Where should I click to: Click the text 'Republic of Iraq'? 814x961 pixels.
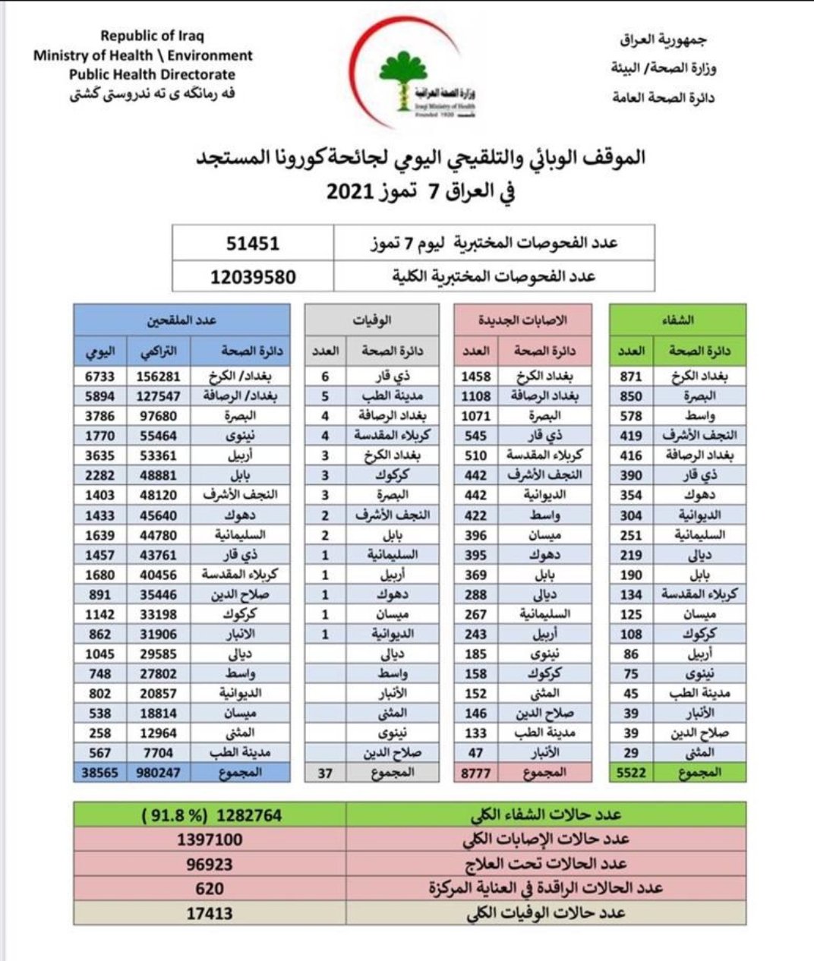152,36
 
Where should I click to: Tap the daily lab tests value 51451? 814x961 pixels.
253,244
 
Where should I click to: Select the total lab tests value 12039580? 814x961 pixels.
253,277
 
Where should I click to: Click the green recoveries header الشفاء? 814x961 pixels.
677,320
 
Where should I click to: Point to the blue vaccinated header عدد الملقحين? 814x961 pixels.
181,320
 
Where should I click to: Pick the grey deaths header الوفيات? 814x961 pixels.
371,320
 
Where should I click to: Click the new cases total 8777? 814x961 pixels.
476,773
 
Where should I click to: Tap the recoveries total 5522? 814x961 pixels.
631,773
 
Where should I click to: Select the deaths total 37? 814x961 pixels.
326,773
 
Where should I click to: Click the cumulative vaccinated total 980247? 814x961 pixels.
159,773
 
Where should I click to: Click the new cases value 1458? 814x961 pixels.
476,377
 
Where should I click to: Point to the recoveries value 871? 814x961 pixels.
631,377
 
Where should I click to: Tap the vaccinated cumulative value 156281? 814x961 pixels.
159,377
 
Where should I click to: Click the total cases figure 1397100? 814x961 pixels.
210,840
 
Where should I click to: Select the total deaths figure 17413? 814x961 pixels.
210,913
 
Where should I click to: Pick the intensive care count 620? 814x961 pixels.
210,888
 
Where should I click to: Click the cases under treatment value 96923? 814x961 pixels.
210,864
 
